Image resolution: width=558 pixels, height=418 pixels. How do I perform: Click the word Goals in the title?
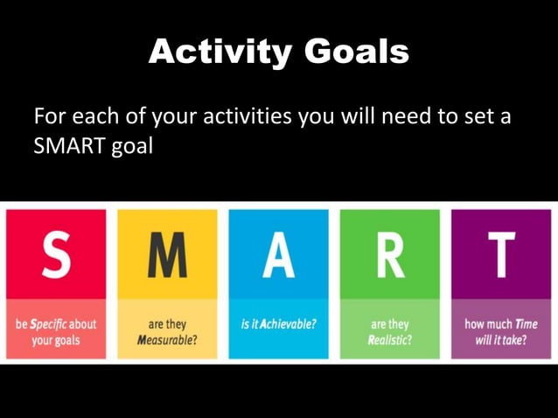[357, 52]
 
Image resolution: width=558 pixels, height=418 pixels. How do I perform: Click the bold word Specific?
[50, 324]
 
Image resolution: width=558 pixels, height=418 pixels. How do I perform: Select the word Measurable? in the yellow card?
[166, 339]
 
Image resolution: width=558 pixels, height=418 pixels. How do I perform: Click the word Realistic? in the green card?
[389, 339]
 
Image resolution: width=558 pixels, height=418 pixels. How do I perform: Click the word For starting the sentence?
[49, 116]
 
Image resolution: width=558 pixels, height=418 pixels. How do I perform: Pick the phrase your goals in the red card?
[56, 339]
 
